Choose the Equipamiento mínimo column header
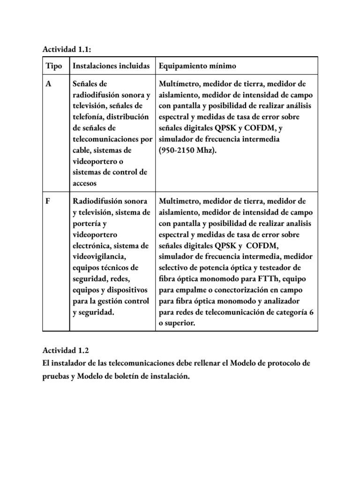click(x=198, y=66)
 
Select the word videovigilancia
click(x=98, y=256)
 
